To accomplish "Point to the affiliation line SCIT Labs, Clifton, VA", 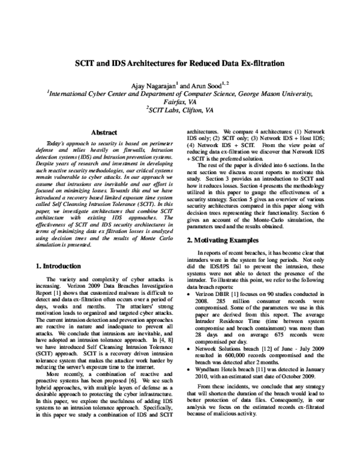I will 180,110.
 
